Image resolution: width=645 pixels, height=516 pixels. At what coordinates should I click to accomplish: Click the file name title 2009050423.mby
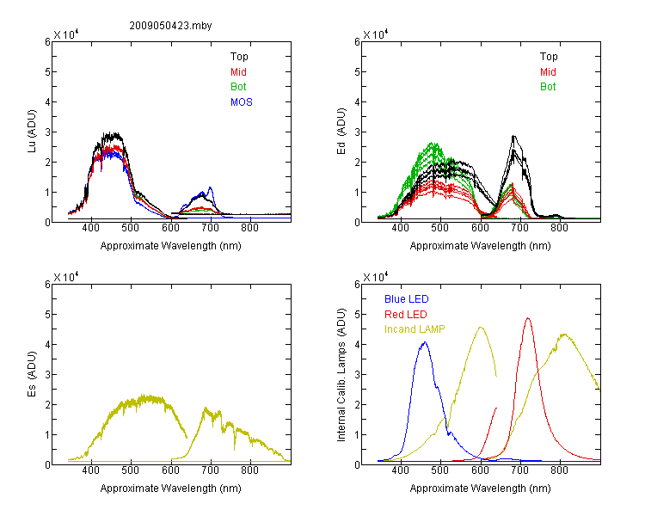point(170,26)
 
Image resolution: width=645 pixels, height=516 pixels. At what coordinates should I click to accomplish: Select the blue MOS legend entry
point(242,102)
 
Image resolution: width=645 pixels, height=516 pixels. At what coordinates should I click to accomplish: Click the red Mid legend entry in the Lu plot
point(238,72)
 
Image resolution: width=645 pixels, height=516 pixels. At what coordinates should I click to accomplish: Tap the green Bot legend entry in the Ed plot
point(548,87)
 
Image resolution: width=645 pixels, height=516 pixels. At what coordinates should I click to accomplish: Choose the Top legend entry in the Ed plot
point(549,57)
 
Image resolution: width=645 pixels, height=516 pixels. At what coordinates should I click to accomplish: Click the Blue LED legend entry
point(407,299)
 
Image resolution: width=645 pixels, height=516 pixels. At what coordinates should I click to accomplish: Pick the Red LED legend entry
point(406,315)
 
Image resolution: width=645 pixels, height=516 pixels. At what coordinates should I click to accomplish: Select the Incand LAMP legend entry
point(415,329)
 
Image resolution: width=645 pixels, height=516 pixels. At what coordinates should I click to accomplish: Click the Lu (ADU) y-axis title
point(32,132)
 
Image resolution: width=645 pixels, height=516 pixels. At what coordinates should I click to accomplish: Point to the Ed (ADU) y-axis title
point(341,132)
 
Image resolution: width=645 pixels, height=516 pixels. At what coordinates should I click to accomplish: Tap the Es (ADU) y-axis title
point(32,374)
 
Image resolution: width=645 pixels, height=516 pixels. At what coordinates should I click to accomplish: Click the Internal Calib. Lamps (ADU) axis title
point(341,375)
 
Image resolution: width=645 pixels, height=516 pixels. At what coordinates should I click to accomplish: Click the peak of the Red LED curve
point(528,318)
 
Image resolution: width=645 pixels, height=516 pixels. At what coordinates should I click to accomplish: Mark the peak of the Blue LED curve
point(425,342)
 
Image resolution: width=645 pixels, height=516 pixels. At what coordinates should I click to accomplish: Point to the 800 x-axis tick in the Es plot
point(249,470)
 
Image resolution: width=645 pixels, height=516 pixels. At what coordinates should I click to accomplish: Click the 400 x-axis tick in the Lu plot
point(90,228)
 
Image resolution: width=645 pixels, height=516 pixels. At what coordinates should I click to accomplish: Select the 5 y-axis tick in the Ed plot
point(357,71)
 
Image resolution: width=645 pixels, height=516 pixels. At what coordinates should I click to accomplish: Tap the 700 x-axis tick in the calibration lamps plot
point(520,470)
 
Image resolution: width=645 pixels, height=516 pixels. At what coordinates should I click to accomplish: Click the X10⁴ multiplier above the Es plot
point(66,277)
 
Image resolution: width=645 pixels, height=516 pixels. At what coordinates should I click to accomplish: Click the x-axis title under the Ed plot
point(480,246)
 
